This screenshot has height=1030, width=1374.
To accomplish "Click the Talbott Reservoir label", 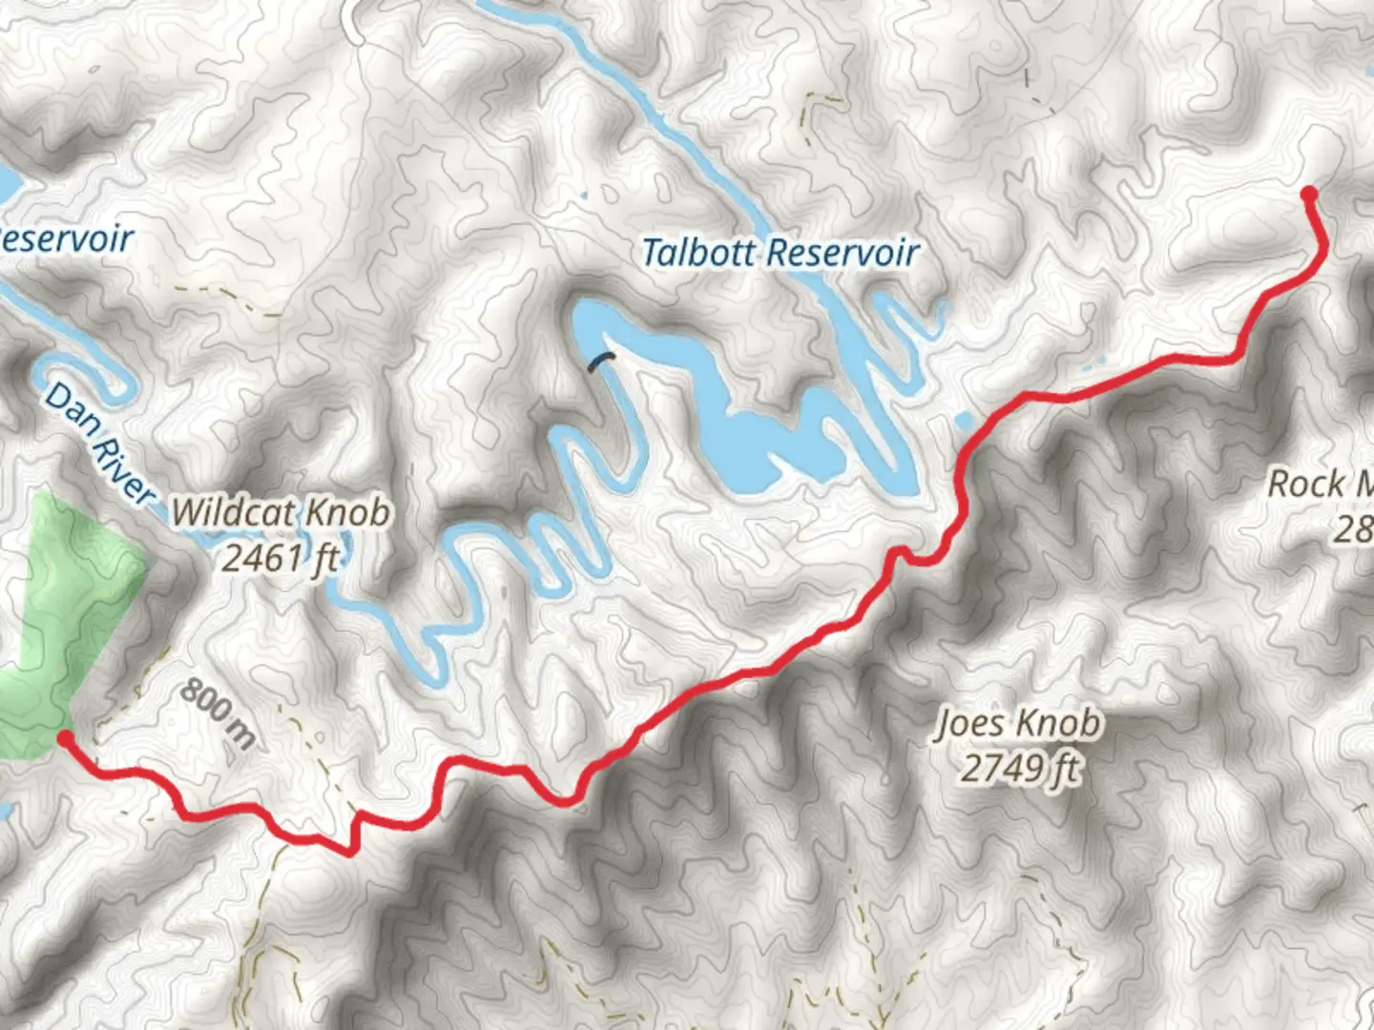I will [780, 253].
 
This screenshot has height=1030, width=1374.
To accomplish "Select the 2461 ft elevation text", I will [280, 557].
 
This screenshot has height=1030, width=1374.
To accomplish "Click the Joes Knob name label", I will [1017, 724].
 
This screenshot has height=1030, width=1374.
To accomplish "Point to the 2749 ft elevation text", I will [1019, 767].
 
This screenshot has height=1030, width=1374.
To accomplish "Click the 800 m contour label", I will [218, 711].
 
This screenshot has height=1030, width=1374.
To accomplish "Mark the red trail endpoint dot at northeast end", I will [1309, 195].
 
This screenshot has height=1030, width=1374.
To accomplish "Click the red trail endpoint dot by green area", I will [64, 737].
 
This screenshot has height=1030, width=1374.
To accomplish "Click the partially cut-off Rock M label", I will [1321, 484].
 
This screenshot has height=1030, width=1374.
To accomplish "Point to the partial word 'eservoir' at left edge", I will [67, 238].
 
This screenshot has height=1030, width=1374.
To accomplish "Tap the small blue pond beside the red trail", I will [964, 421].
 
